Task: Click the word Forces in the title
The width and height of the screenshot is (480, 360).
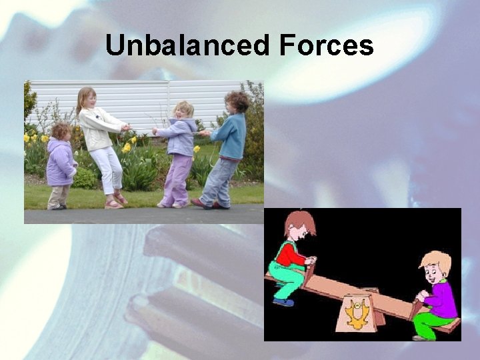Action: tap(326, 46)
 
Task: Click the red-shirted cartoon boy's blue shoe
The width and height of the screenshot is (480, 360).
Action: tap(283, 301)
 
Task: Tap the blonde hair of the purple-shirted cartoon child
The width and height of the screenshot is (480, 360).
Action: tap(437, 260)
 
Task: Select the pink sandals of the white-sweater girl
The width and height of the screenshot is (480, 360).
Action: tap(115, 201)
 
